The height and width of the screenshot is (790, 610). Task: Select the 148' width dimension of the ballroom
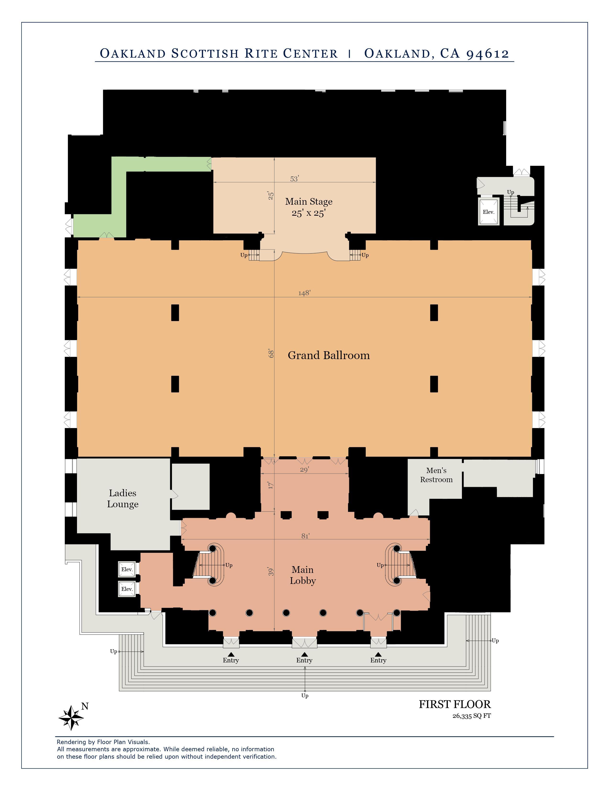tap(304, 293)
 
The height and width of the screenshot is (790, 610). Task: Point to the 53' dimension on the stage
tap(294, 179)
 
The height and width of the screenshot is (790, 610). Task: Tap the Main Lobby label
tap(303, 575)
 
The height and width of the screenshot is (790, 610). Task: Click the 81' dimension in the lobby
tap(305, 536)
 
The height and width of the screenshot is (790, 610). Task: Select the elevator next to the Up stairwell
tap(488, 212)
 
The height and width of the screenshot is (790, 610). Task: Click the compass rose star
tap(72, 718)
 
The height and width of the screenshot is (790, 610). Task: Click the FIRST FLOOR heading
tap(455, 704)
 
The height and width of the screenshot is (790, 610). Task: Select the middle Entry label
tap(304, 660)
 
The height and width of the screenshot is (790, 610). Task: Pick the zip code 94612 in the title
tap(488, 54)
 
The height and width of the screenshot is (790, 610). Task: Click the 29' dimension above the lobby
tap(304, 469)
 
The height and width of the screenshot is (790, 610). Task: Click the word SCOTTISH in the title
tap(205, 54)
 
